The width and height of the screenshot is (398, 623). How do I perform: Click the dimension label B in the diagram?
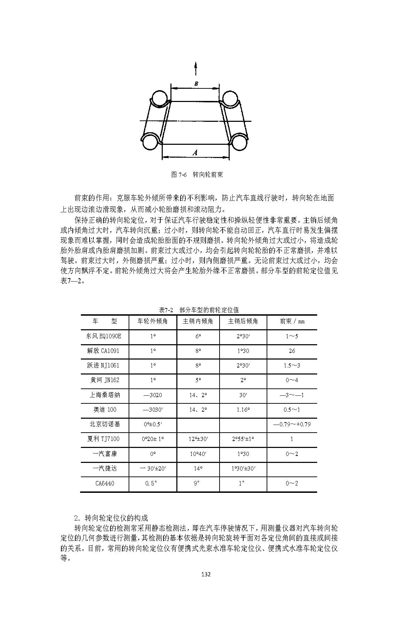click(x=196, y=84)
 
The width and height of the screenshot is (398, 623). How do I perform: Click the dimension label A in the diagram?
click(x=195, y=152)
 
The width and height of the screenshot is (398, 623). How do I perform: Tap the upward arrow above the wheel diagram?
click(x=196, y=68)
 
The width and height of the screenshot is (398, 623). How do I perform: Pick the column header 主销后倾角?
click(x=243, y=321)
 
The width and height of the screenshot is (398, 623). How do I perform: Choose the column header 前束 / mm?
click(x=292, y=321)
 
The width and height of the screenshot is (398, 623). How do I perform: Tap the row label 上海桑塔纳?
click(x=105, y=395)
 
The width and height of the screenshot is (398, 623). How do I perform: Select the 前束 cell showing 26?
click(x=292, y=351)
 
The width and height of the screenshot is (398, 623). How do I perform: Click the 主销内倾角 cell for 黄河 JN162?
click(x=198, y=380)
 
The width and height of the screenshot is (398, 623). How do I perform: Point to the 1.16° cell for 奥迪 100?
click(x=243, y=410)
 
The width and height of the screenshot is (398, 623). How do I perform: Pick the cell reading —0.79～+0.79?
click(x=292, y=424)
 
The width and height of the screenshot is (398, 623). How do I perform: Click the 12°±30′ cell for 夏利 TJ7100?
click(x=198, y=439)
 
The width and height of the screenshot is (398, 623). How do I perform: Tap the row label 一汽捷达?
click(x=105, y=468)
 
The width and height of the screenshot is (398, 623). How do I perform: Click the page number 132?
click(x=206, y=574)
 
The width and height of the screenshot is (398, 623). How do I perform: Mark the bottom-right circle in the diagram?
click(x=239, y=142)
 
